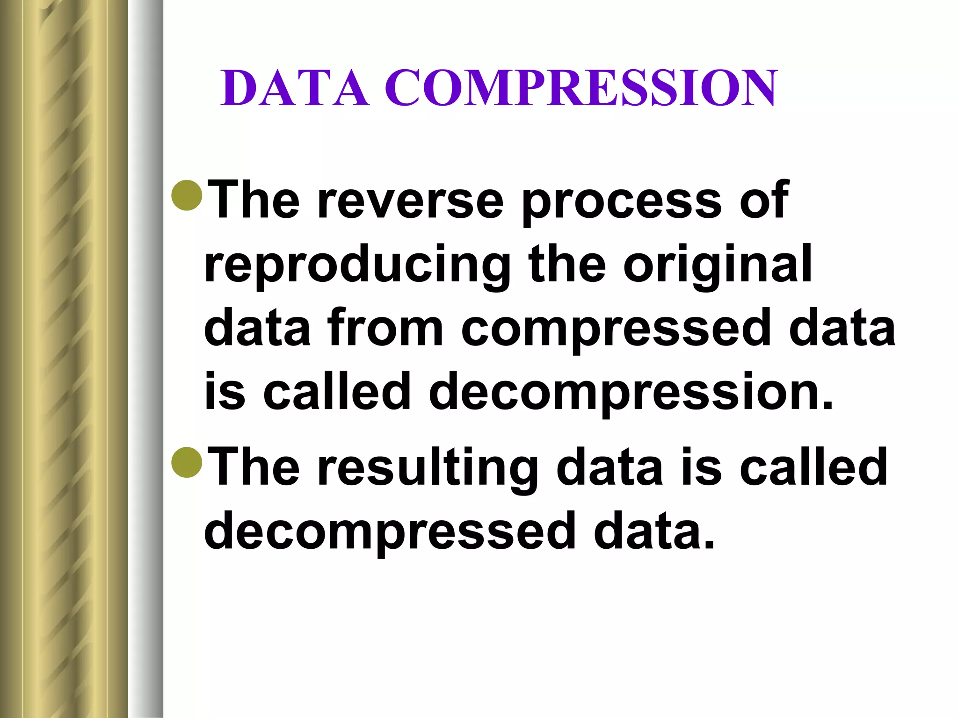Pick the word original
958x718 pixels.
click(718, 266)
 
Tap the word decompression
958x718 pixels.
click(631, 393)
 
